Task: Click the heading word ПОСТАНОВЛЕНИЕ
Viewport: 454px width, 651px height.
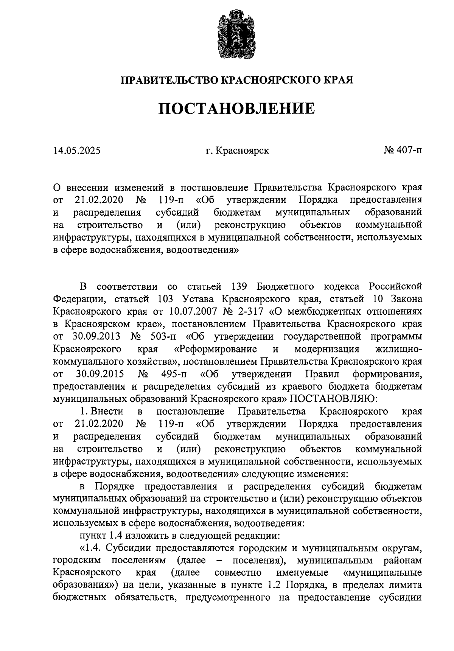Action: coord(236,109)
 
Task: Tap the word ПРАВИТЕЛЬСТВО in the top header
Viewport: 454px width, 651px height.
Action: coord(169,80)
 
